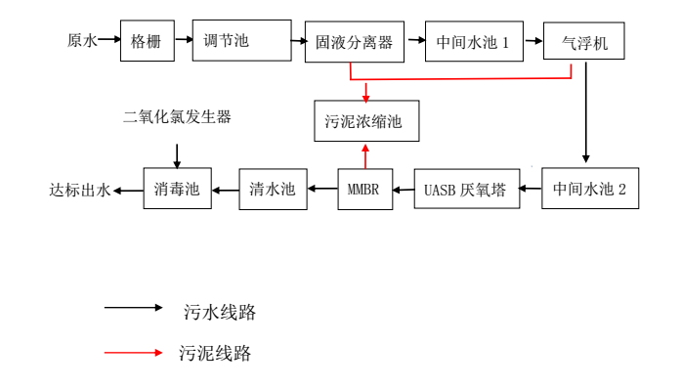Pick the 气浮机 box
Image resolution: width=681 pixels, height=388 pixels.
click(x=583, y=42)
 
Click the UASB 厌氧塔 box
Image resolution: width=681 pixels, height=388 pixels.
click(x=467, y=189)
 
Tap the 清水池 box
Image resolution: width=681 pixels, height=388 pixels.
click(x=273, y=189)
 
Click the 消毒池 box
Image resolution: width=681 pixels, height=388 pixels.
click(x=177, y=189)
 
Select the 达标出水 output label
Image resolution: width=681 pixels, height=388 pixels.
click(x=80, y=190)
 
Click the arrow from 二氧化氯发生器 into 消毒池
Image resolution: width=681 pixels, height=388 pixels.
click(x=177, y=154)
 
